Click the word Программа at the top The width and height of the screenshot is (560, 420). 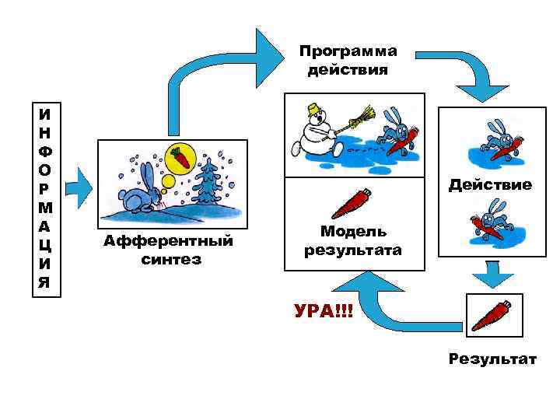[x=348, y=51]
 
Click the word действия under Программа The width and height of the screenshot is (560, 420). [x=348, y=70]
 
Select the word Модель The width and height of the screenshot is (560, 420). [x=354, y=232]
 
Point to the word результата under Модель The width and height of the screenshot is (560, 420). [x=354, y=250]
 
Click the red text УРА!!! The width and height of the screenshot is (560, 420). [x=323, y=312]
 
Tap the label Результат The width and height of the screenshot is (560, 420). [x=492, y=359]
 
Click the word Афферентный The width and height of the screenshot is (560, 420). [x=168, y=242]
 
